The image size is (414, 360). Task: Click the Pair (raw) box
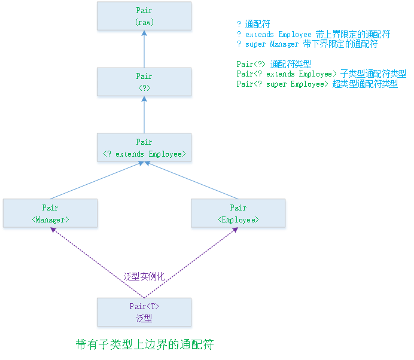[x=144, y=17]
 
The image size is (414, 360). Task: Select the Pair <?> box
[x=144, y=83]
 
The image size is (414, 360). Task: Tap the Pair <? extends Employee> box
[x=144, y=148]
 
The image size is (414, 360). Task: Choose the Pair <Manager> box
[x=50, y=214]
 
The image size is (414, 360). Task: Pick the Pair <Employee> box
[x=238, y=214]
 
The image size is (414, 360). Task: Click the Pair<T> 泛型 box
[x=144, y=312]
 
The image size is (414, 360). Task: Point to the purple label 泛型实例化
[x=144, y=276]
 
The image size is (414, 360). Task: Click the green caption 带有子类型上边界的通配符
[x=144, y=345]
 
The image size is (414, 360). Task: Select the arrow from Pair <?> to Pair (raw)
[x=144, y=50]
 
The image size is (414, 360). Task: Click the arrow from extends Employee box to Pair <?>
[x=144, y=116]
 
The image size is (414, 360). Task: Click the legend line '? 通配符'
[x=254, y=25]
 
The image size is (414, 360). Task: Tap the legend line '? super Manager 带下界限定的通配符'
[x=307, y=44]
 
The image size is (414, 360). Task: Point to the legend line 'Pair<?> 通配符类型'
[x=273, y=64]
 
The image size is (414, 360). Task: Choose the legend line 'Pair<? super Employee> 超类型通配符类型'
[x=316, y=84]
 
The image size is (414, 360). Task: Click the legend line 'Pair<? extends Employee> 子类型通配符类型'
[x=321, y=74]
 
